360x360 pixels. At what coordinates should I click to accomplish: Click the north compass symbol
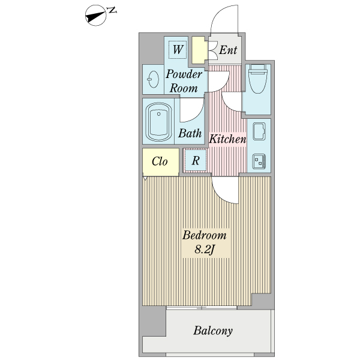click(x=96, y=16)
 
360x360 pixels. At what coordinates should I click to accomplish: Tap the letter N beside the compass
click(x=112, y=10)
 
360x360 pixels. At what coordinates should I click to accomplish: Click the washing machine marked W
click(x=177, y=50)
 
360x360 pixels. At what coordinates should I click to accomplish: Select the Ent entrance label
click(x=228, y=50)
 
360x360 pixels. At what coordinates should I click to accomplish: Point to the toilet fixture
click(x=258, y=79)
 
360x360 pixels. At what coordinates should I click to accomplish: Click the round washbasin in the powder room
click(x=153, y=79)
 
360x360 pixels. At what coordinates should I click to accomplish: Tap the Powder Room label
click(x=184, y=81)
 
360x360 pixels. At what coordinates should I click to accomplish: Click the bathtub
click(x=158, y=121)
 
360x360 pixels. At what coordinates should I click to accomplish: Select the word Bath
click(x=190, y=133)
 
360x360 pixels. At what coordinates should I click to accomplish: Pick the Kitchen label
click(x=227, y=139)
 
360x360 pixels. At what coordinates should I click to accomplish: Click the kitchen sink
click(x=259, y=131)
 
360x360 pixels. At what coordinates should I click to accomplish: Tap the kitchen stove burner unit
click(x=259, y=161)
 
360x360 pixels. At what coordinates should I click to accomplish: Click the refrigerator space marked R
click(x=196, y=160)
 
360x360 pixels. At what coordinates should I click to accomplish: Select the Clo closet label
click(x=160, y=161)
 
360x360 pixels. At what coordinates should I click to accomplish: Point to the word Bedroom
click(x=205, y=236)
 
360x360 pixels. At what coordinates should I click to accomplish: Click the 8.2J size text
click(x=205, y=250)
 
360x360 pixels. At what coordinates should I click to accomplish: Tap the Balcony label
click(x=213, y=331)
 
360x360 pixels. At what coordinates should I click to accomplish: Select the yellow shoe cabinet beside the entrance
click(x=198, y=50)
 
